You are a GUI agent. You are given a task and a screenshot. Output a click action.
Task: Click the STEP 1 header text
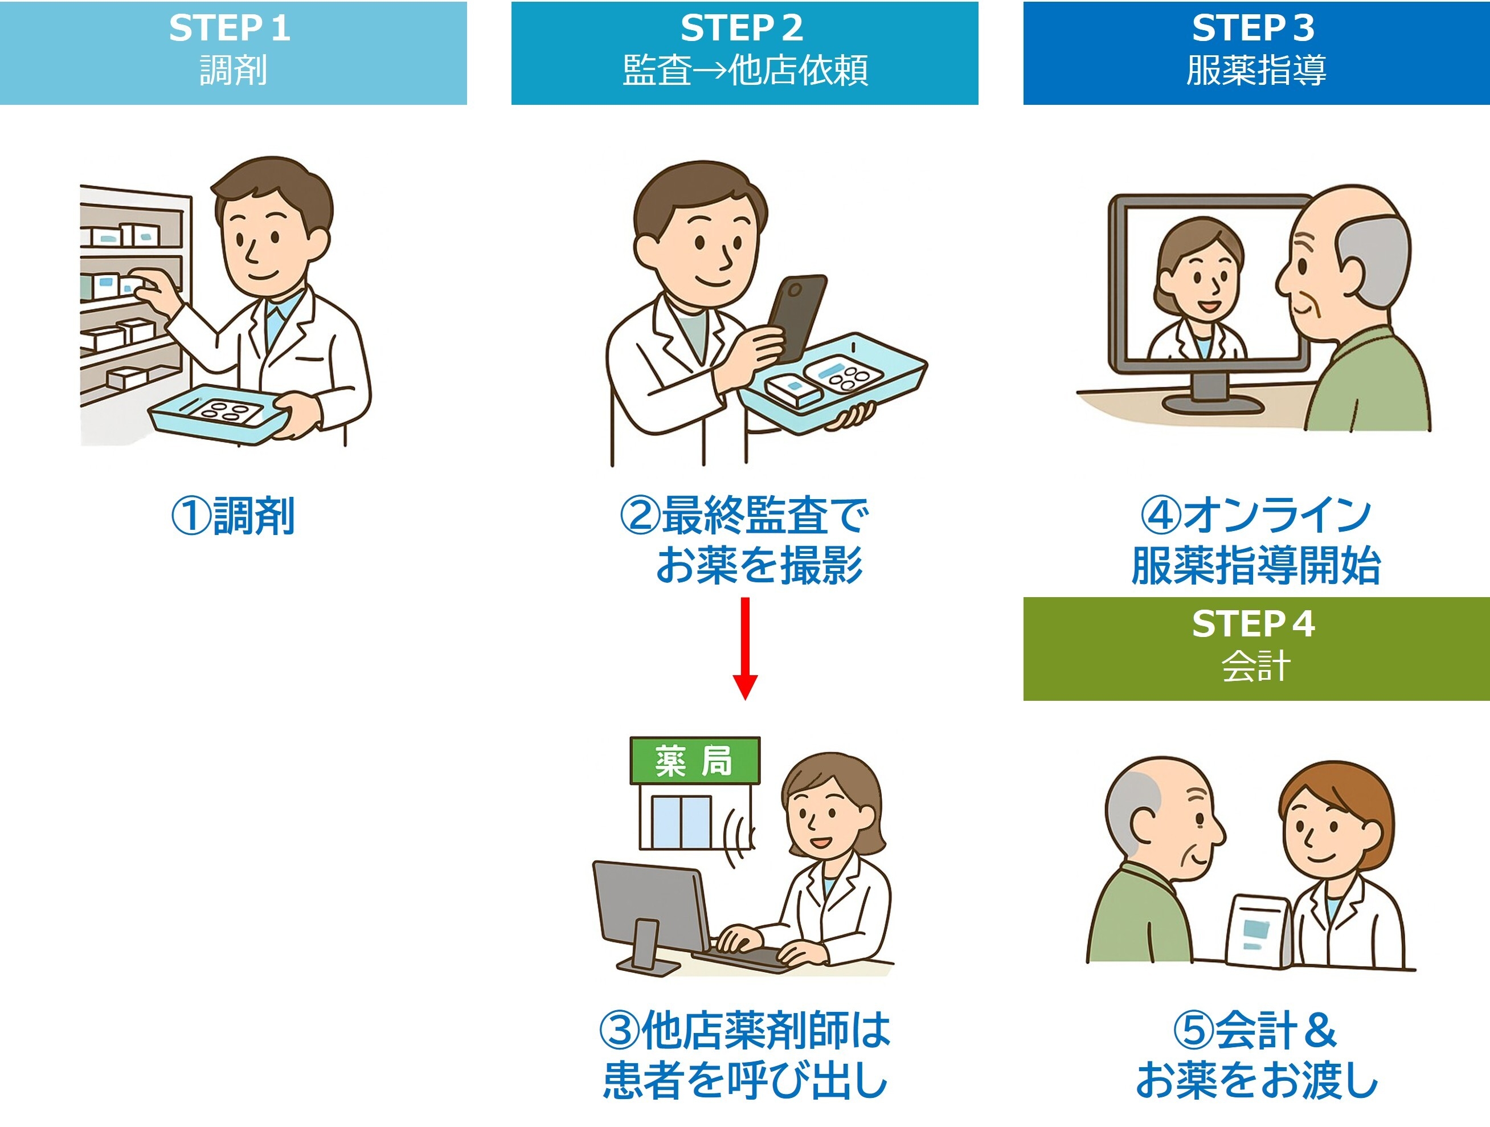click(230, 28)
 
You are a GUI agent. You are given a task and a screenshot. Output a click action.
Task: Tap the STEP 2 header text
click(742, 28)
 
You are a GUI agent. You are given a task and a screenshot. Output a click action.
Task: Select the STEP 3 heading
click(1253, 28)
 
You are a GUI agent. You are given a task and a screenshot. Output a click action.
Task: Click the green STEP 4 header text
click(1253, 624)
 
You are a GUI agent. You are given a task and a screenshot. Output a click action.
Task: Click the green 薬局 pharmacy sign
click(694, 761)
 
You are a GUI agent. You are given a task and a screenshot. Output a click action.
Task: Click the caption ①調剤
click(233, 516)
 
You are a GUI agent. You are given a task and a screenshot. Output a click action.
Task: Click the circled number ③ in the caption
click(620, 1030)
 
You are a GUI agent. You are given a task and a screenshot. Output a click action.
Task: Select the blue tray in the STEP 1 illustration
click(219, 414)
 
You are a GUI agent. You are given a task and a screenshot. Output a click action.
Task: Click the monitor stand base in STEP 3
click(1213, 404)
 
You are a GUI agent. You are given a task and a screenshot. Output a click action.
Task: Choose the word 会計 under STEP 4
click(1255, 666)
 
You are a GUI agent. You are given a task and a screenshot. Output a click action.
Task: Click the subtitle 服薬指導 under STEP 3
click(1255, 70)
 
